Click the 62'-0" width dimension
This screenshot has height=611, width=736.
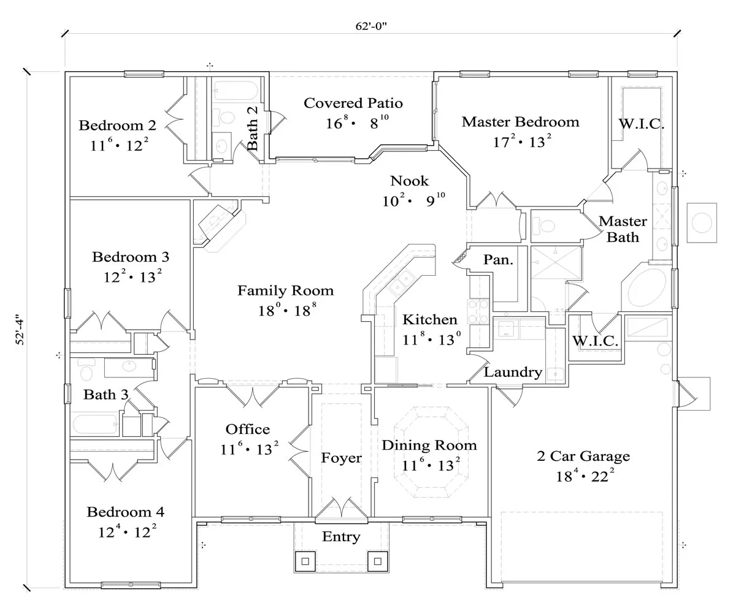(x=371, y=26)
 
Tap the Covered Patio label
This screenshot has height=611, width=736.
(x=353, y=103)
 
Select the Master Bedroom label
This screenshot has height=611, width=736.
(x=521, y=122)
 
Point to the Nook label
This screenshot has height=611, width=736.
(x=409, y=181)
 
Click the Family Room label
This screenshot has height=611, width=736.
(x=286, y=290)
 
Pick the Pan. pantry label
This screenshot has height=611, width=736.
(x=498, y=260)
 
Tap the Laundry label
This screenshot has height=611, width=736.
(x=513, y=372)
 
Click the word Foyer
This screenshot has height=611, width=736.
(x=341, y=458)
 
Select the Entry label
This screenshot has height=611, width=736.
(x=341, y=537)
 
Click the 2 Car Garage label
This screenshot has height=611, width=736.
(x=583, y=456)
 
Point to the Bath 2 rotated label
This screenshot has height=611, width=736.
(x=252, y=129)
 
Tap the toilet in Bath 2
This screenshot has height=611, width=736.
(x=224, y=117)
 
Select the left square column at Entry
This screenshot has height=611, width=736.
(x=305, y=561)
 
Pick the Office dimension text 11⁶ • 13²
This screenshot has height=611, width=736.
(x=250, y=449)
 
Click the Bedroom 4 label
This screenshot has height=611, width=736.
(x=126, y=512)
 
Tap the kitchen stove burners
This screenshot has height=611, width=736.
(x=478, y=312)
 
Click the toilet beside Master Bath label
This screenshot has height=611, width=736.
(x=543, y=226)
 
